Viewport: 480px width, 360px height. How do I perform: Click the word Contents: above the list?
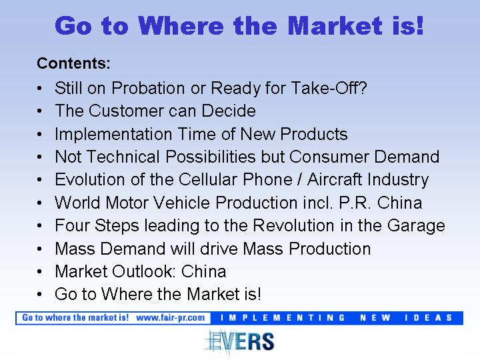73,63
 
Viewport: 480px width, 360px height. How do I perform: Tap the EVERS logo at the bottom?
239,341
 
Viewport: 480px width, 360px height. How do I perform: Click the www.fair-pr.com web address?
170,318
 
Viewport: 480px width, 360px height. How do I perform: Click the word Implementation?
113,134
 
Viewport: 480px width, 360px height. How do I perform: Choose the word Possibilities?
211,157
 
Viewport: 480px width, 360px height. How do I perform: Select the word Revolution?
293,225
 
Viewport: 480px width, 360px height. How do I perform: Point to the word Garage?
416,226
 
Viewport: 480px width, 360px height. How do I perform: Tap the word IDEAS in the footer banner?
428,318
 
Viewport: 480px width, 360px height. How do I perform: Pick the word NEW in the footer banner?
375,318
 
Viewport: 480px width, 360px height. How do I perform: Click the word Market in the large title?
335,25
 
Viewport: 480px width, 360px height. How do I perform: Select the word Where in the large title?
181,25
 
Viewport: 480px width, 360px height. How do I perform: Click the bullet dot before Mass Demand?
39,249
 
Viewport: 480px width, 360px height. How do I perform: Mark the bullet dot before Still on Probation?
39,89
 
